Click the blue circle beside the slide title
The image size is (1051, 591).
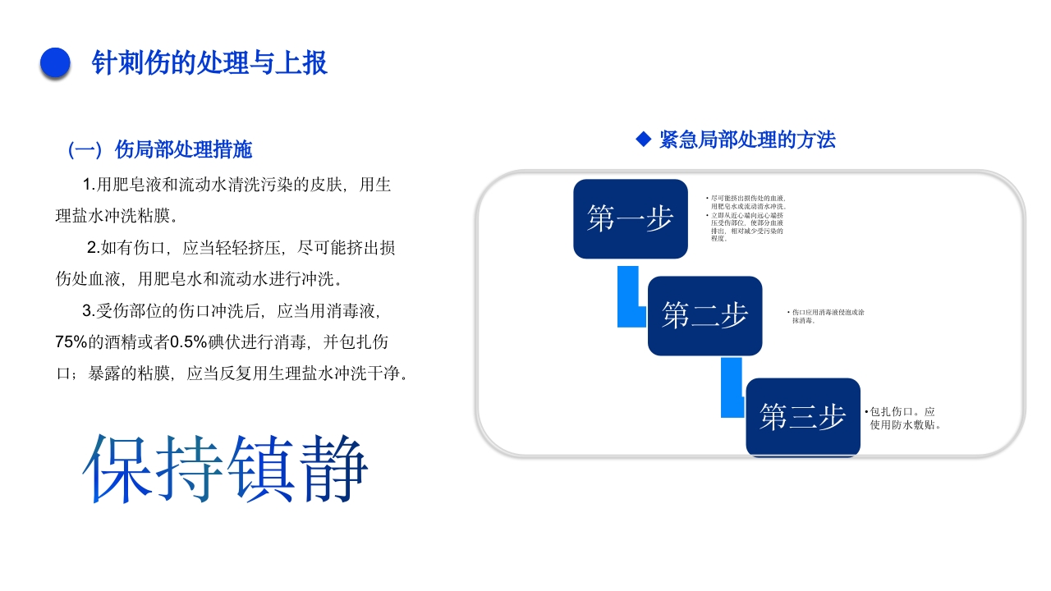[x=55, y=63]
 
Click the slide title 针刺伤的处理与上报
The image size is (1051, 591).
[x=209, y=63]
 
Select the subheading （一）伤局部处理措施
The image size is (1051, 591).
[x=160, y=149]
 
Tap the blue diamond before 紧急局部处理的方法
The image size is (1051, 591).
[x=644, y=140]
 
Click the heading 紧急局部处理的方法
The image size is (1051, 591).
[x=746, y=140]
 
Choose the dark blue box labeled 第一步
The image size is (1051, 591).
[x=630, y=218]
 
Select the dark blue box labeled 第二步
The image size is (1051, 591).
[x=704, y=315]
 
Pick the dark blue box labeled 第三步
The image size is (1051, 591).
[x=802, y=417]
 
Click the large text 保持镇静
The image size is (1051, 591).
[x=225, y=469]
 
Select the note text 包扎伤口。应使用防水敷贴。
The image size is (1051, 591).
[x=903, y=418]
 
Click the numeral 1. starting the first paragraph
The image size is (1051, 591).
[x=89, y=185]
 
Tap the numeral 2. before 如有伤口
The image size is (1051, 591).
[x=94, y=248]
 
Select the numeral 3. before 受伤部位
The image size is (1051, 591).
[x=89, y=311]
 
